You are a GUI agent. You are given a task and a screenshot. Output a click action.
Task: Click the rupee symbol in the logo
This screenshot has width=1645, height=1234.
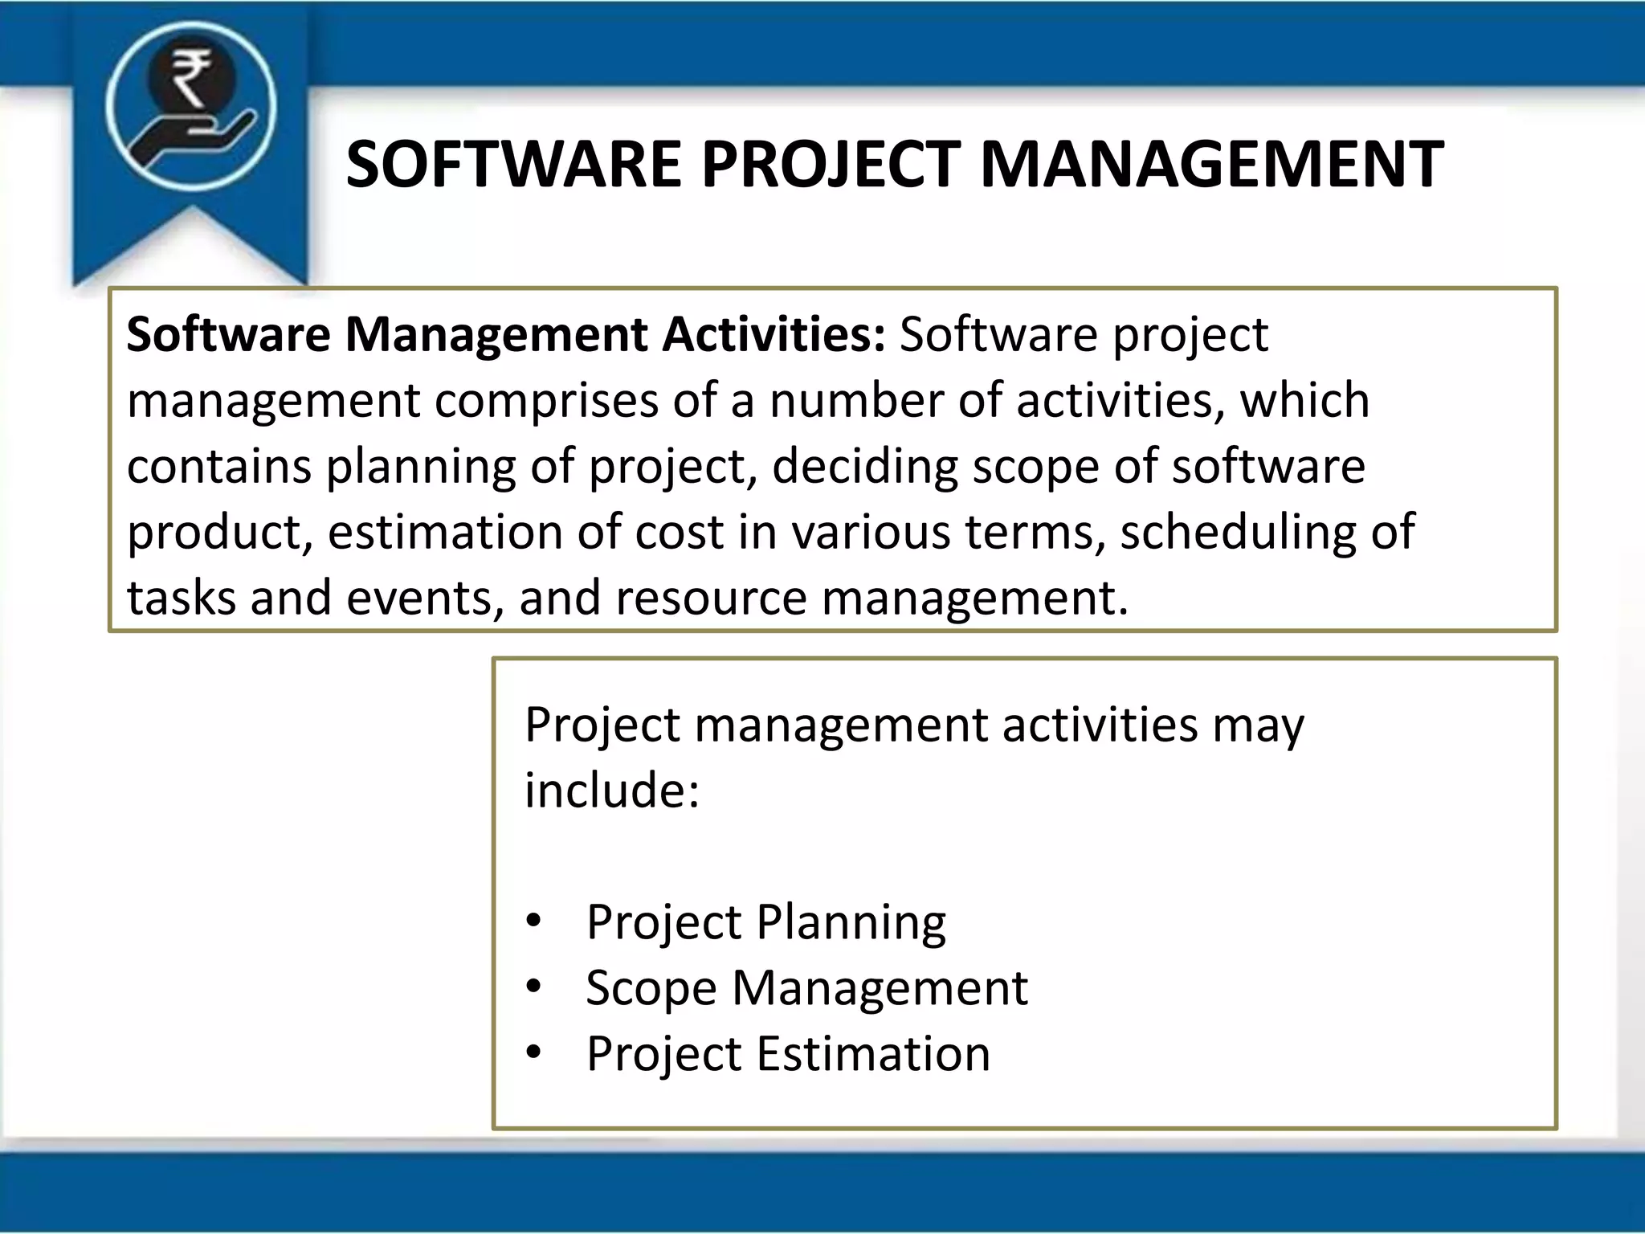coord(190,77)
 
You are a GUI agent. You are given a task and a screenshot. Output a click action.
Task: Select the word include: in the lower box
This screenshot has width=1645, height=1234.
coord(612,791)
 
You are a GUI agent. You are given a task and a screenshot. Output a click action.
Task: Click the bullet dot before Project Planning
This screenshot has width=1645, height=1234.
coord(534,921)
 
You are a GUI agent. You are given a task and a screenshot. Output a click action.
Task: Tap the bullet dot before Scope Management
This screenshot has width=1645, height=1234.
coord(534,987)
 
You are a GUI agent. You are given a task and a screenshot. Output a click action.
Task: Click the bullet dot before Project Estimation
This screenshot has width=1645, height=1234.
coord(534,1052)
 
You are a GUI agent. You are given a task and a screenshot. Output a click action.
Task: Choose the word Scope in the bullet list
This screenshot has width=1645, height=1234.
coord(651,988)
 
